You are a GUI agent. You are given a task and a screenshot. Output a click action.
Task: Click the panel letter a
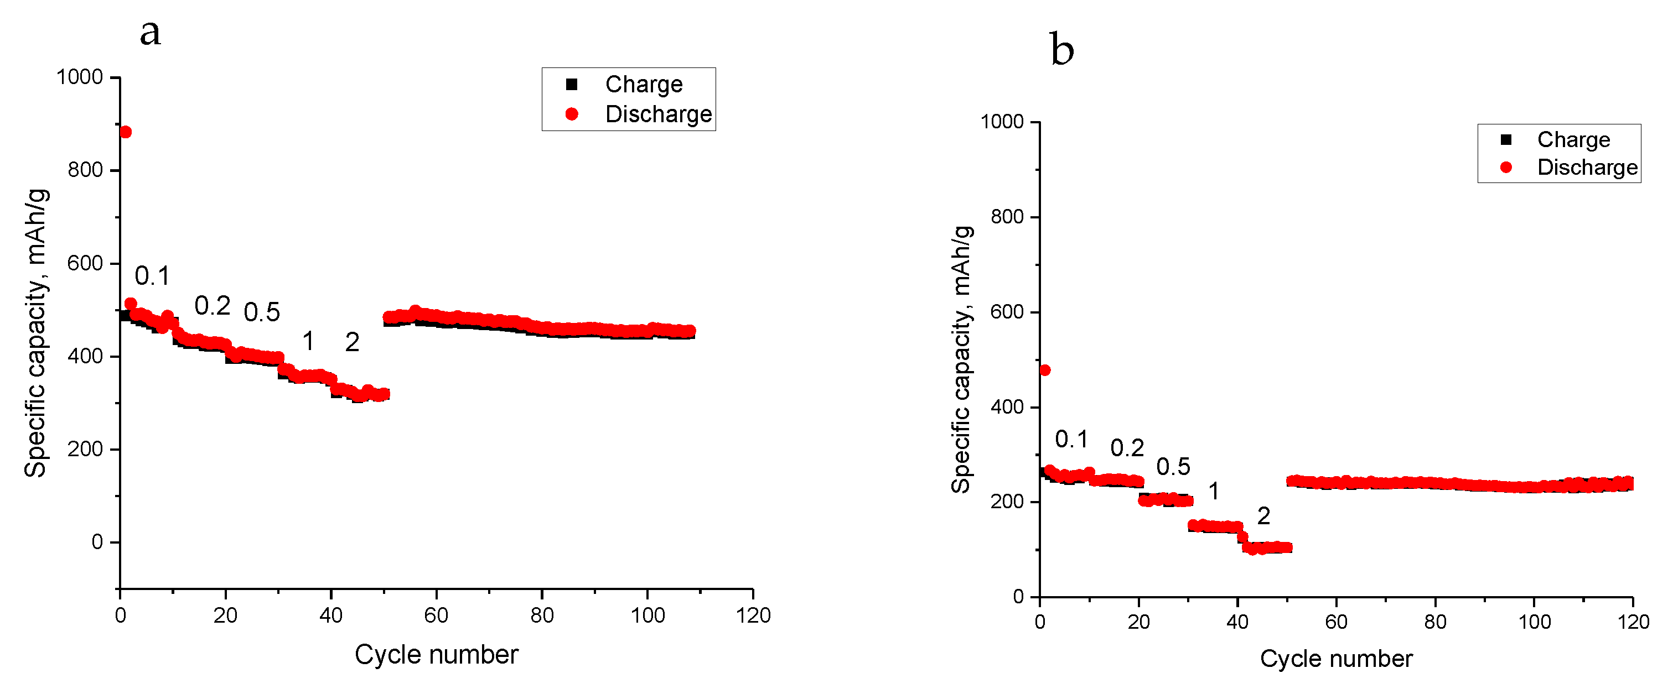tap(150, 32)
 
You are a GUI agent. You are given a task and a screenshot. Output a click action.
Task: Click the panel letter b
tap(1062, 50)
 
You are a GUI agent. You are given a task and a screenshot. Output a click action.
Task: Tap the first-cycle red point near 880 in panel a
tap(126, 132)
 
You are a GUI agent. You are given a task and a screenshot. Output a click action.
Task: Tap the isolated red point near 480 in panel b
tap(1045, 370)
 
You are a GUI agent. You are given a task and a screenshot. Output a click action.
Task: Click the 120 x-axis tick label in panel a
tap(753, 615)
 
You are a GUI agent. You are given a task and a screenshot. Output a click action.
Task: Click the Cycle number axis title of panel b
tap(1336, 659)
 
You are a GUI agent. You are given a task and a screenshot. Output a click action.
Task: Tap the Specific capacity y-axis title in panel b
tap(961, 359)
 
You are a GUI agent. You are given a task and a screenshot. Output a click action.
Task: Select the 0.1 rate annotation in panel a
tap(152, 276)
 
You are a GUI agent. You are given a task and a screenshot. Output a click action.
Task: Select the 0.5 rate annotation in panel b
tap(1173, 467)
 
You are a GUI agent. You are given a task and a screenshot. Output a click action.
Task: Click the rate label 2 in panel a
tap(352, 342)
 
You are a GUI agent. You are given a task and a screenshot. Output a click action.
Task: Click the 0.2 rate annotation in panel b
tap(1127, 448)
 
